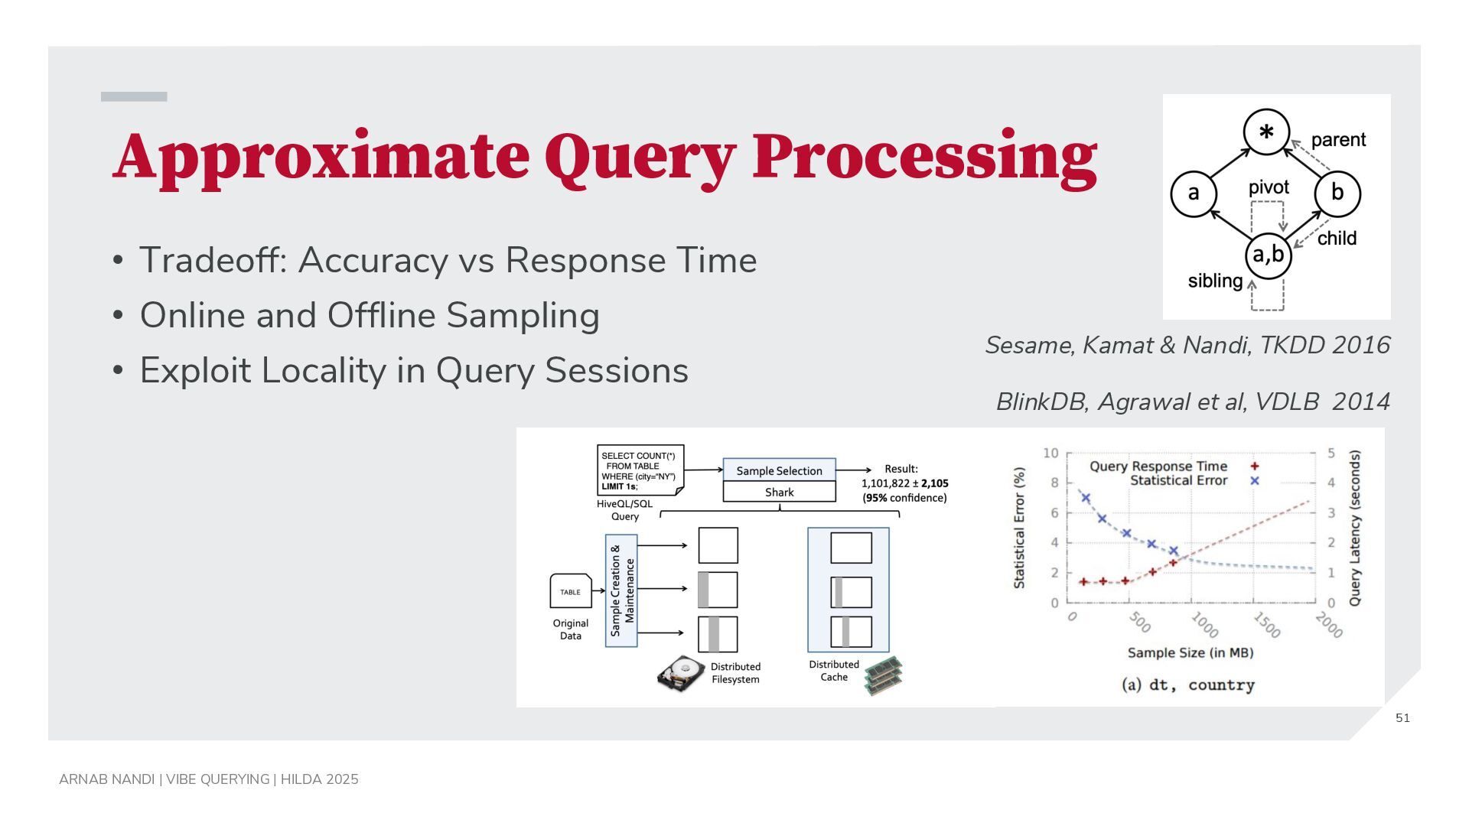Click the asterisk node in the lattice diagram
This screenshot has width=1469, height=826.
1266,132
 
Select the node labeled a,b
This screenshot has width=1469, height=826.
1268,255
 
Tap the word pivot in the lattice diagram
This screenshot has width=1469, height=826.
1269,187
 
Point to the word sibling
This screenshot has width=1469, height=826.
1215,281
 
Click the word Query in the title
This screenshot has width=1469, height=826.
640,157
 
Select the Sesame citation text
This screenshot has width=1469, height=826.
1187,345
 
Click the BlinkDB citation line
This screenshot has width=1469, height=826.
1193,402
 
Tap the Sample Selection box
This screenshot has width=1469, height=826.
779,470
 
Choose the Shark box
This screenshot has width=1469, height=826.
779,492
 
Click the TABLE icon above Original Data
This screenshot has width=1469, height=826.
571,590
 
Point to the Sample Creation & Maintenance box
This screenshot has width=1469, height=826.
621,590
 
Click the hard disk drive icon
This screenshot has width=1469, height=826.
680,673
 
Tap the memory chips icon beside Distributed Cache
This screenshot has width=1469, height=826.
884,675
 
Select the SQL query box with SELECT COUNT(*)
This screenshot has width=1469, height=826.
640,470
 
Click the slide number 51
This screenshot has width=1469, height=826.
1402,717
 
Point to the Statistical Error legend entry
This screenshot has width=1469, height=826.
1194,480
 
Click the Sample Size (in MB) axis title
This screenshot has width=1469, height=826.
1191,652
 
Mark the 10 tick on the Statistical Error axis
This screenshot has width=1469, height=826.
1050,453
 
